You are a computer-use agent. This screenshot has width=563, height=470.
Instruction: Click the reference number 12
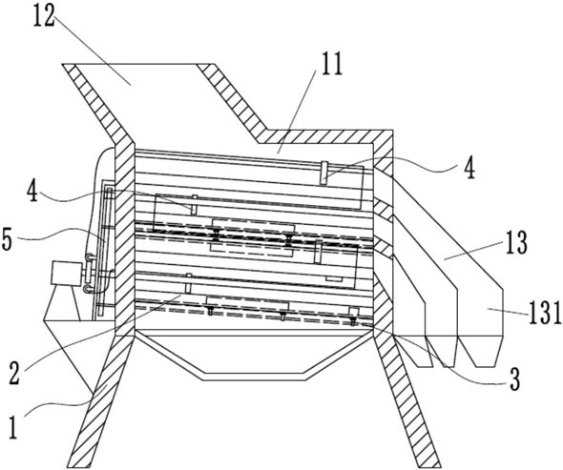point(44,16)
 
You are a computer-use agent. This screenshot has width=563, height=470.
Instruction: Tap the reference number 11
point(331,64)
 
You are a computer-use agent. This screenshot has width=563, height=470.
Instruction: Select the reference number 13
point(516,242)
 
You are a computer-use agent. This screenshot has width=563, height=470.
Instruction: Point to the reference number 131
point(544,313)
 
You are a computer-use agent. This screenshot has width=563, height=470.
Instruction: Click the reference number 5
point(8,239)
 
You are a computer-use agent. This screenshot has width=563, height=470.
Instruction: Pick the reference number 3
point(515,379)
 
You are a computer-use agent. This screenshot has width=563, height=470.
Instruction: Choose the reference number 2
point(13,373)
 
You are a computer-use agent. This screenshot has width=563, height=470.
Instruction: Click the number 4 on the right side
point(469,169)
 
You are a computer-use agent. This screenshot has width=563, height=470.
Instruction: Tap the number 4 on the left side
point(33,191)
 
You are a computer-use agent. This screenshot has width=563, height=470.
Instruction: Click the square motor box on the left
point(67,274)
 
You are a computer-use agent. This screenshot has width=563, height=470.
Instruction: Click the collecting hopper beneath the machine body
point(254,356)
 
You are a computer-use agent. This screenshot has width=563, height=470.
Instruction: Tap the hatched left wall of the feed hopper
point(97,104)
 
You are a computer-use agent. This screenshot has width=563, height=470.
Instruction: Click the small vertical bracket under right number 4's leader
point(324,173)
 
